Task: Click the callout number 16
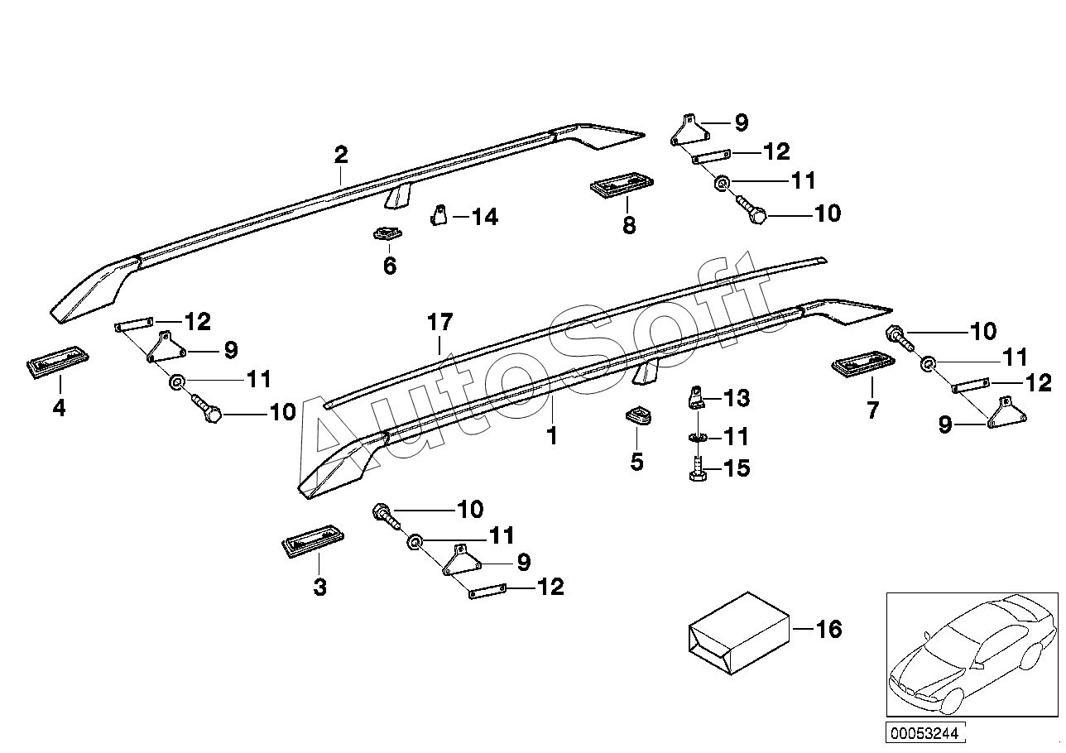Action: (828, 630)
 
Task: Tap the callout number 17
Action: (441, 322)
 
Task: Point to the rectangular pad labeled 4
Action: (58, 364)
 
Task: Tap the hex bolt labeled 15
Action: (695, 468)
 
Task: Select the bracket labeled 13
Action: (696, 398)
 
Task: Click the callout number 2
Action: (341, 154)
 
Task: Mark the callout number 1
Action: (551, 435)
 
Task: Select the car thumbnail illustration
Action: (971, 653)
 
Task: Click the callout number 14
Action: (485, 218)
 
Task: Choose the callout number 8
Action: (629, 224)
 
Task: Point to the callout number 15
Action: (737, 468)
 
